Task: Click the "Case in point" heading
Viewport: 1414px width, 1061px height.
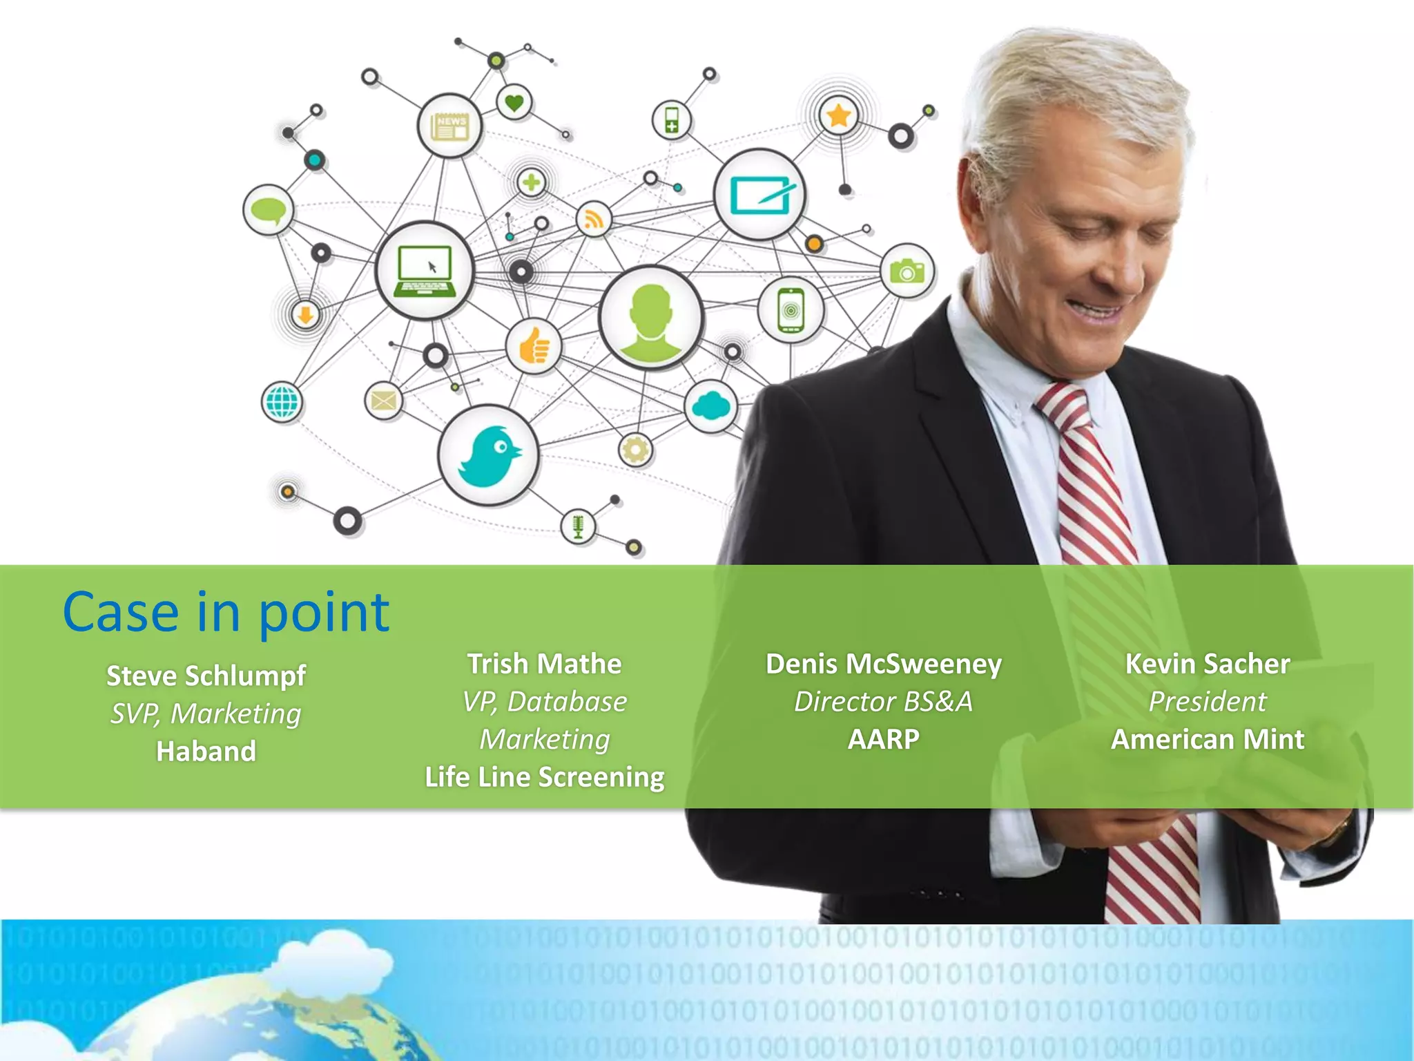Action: click(x=226, y=612)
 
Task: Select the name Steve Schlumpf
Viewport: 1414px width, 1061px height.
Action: click(x=206, y=676)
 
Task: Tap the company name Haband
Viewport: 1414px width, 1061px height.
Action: click(x=206, y=751)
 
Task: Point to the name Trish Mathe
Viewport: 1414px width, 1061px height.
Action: click(x=544, y=664)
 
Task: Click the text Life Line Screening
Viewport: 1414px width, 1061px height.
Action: click(x=544, y=777)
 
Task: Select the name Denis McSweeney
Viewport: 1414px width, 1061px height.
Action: click(x=883, y=664)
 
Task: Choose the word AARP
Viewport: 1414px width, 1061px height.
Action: click(x=883, y=739)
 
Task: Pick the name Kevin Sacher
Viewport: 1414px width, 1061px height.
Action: click(x=1208, y=664)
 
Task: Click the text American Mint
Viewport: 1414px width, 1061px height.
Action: click(x=1208, y=739)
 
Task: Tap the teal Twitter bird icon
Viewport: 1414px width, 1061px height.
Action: click(x=489, y=455)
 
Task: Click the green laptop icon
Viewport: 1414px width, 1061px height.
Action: click(x=425, y=271)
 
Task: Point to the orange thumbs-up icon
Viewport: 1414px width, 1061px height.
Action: click(x=533, y=346)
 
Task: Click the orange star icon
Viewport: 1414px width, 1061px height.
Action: click(x=838, y=115)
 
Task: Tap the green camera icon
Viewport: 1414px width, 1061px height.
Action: click(x=907, y=271)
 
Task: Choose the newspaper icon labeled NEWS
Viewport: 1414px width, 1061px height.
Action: click(x=449, y=126)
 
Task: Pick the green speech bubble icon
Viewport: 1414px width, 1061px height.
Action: click(x=269, y=209)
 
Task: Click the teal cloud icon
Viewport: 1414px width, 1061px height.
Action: click(x=711, y=406)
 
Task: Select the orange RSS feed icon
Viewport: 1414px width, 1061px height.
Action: click(x=594, y=220)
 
